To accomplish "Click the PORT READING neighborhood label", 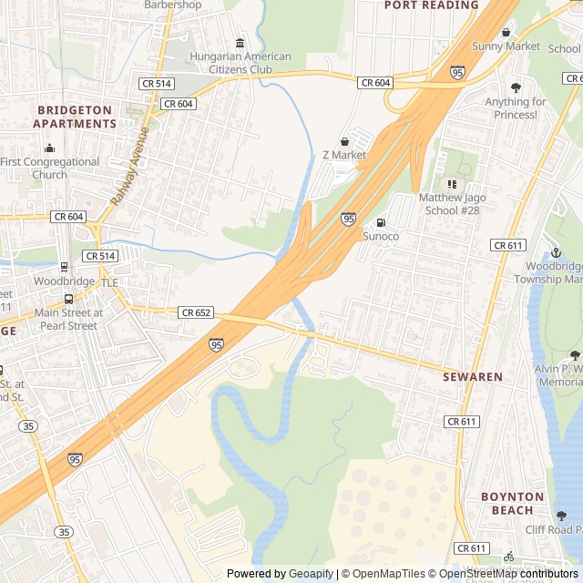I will [431, 5].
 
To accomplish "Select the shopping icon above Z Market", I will [344, 141].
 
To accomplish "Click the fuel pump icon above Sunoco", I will [381, 222].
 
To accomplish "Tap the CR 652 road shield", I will [196, 312].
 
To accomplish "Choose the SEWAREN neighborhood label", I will [473, 376].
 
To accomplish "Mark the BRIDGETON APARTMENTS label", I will [76, 117].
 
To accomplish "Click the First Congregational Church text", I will [49, 169].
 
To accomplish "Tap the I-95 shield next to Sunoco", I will [349, 219].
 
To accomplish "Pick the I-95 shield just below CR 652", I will [216, 344].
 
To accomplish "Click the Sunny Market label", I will [506, 46].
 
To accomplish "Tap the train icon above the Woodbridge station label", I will [63, 267].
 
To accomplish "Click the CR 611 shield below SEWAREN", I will [462, 422].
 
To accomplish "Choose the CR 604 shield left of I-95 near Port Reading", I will [375, 83].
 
